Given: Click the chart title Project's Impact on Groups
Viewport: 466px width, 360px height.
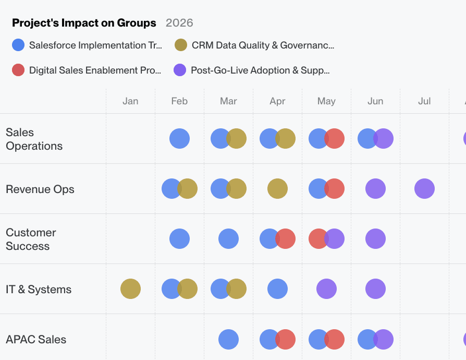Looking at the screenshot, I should coord(84,23).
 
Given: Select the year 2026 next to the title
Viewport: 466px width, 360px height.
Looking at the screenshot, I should coord(179,23).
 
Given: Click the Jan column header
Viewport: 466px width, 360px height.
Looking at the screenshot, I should coord(130,101).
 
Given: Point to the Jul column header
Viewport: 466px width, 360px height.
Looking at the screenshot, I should coord(424,101).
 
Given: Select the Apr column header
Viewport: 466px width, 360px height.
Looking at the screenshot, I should coord(277,101).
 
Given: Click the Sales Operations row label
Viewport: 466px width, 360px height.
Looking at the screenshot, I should coord(34,139).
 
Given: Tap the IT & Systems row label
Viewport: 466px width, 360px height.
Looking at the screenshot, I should coord(39,290).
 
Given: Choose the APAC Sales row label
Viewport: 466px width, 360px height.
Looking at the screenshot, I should coord(36,340).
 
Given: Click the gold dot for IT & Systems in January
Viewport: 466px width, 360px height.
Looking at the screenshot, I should coord(130,289).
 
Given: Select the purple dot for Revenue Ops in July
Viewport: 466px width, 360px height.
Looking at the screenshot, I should coord(424,189).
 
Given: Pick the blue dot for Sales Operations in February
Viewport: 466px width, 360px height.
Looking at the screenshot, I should coord(179,139).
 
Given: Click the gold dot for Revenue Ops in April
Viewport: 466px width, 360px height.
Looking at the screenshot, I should coord(277,189).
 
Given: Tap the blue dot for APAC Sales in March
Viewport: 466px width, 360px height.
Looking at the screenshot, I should coord(228,339).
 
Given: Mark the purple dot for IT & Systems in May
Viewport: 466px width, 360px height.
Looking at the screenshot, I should coord(326,289).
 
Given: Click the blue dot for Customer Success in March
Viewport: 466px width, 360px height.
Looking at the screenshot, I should coord(228,239).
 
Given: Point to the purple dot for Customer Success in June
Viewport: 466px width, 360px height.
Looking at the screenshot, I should coord(375,239).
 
